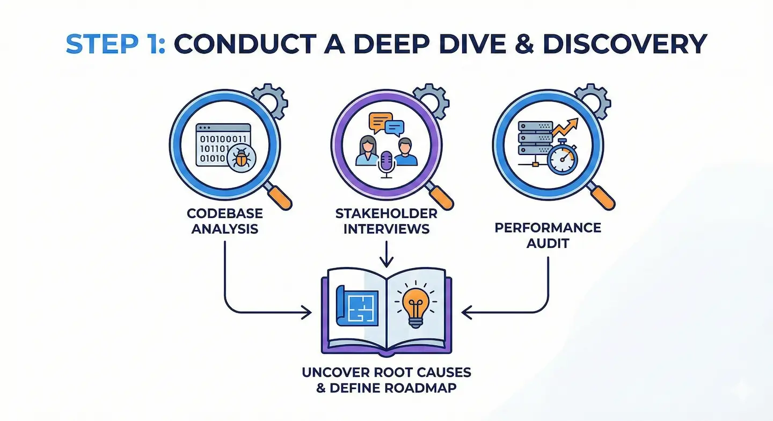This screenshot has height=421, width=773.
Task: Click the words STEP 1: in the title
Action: pos(115,43)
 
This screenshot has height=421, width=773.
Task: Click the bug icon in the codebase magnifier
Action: pos(242,158)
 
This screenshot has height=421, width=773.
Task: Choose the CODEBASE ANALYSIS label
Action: pos(222,221)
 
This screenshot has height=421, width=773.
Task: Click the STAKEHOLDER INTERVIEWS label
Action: pos(386,221)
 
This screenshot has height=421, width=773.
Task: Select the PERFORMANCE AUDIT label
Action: pos(548,235)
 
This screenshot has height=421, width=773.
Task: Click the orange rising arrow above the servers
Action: pos(566,129)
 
